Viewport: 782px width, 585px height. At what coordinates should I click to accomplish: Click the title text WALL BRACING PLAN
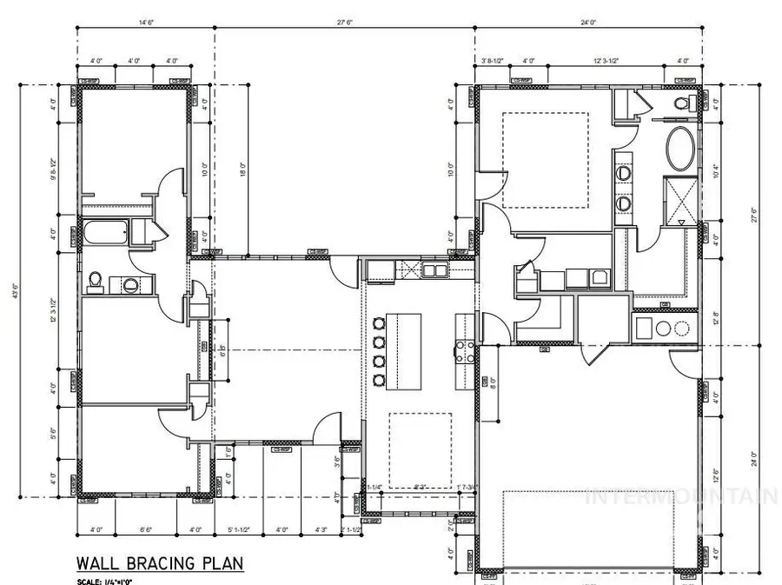pos(160,562)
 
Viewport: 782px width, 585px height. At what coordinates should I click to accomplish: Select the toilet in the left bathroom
pos(96,281)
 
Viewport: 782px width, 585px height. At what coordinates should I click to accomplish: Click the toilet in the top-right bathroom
pos(682,103)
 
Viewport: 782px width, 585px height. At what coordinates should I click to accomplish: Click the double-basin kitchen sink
pos(434,270)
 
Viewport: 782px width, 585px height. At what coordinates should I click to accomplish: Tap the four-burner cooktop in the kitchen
pos(464,352)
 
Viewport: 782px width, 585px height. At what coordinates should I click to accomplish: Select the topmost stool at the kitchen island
pos(379,324)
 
